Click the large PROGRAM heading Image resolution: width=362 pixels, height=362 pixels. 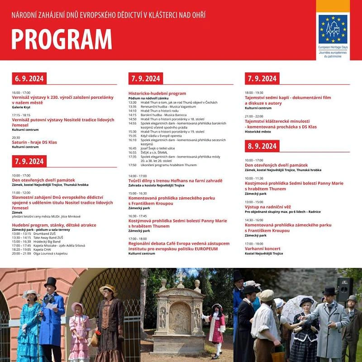[x=62, y=39]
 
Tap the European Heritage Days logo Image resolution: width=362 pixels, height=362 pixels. [x=333, y=29]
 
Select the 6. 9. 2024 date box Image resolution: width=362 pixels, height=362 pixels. [x=29, y=79]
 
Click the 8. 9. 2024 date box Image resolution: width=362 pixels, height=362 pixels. [x=262, y=146]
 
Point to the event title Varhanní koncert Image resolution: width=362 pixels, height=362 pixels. [x=263, y=249]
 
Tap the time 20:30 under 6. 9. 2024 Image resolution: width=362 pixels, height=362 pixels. [x=16, y=138]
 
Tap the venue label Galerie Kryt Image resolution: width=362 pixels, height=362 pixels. [x=21, y=107]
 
